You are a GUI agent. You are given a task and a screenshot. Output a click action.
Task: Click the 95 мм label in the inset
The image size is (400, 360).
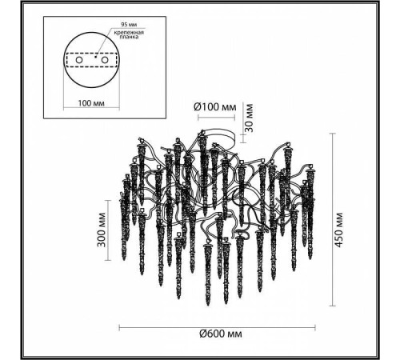129,24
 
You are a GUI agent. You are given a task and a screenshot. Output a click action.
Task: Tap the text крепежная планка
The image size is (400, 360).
129,34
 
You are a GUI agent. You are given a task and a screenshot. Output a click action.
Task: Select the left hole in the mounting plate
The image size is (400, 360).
79,60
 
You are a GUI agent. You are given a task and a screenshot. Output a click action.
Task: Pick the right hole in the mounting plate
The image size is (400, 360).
104,60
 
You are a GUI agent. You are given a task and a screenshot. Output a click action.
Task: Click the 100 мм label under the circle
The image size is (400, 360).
91,103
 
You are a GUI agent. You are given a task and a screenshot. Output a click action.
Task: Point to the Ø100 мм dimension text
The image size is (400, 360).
215,107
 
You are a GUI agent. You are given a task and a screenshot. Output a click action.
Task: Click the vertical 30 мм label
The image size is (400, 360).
249,118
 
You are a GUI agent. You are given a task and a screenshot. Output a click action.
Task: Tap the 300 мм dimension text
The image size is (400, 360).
101,230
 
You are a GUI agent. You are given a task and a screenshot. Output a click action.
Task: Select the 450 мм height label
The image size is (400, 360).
338,230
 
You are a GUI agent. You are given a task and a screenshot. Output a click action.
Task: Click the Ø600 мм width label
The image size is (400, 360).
221,334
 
